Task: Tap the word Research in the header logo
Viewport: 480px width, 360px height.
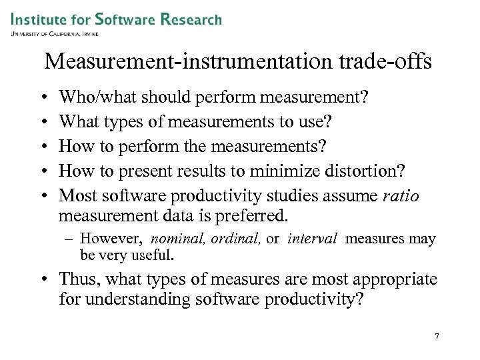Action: click(191, 19)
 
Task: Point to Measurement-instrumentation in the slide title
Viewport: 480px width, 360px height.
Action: click(184, 62)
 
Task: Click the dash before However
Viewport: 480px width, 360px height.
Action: click(71, 239)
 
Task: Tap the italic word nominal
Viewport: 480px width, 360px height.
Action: click(178, 239)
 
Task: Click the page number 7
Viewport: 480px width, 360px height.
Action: click(437, 337)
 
